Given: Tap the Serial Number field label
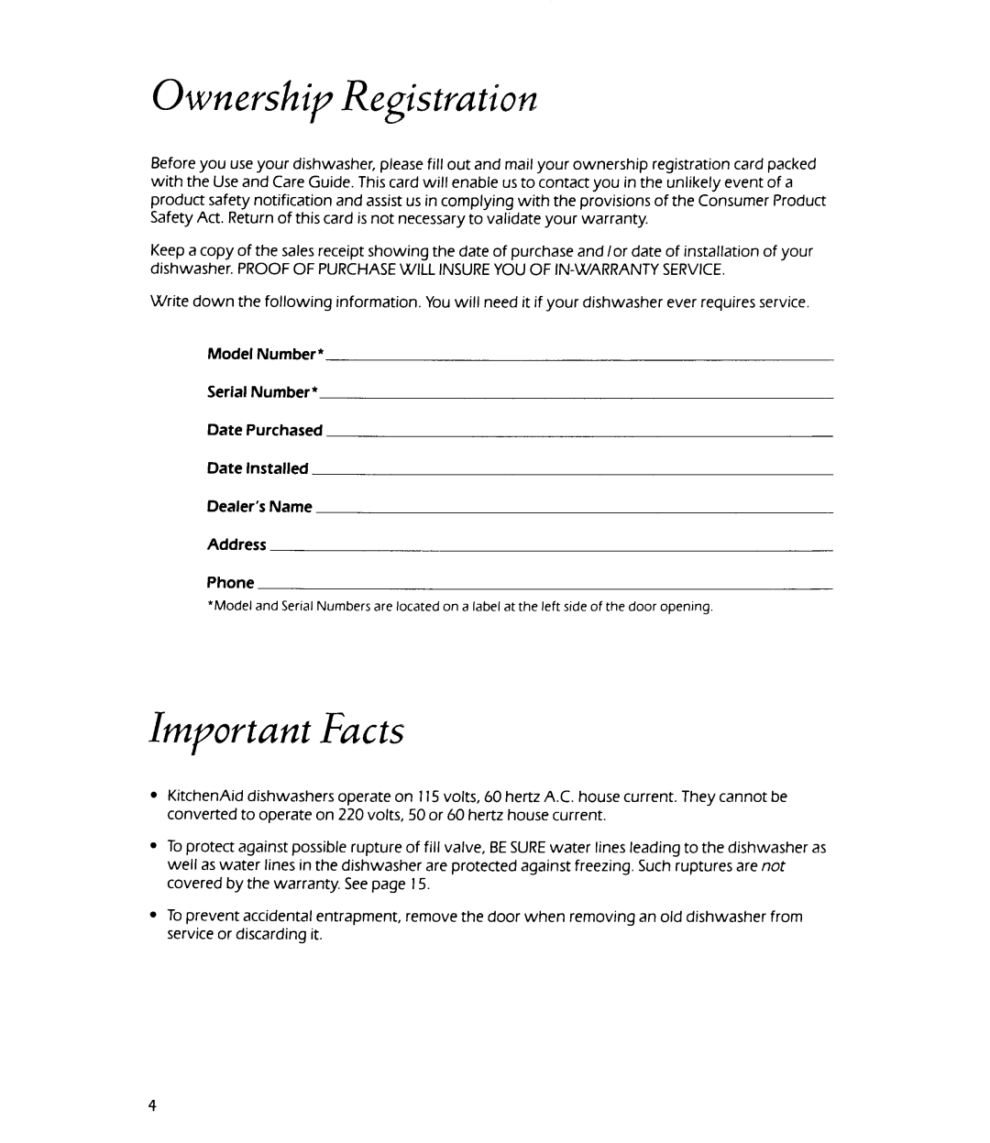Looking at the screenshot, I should point(262,392).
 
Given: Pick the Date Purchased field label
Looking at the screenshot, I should point(265,430).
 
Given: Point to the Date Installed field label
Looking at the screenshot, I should point(258,468).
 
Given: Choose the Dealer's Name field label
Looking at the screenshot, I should point(259,507).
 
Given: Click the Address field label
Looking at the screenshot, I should point(236,544).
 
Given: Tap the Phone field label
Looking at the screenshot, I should point(230,583).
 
